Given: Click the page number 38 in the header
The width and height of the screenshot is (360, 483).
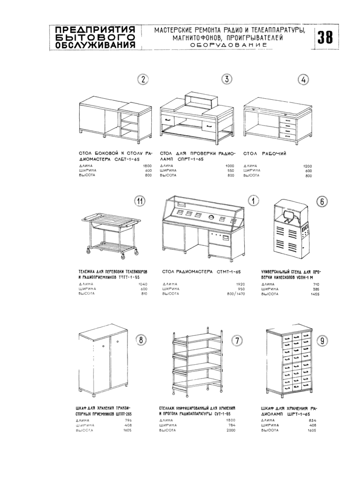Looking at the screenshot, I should coord(326,37).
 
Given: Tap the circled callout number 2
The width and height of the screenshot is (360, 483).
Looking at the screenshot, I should coord(143,79).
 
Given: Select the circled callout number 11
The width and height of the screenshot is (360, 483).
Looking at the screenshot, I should coord(139,201).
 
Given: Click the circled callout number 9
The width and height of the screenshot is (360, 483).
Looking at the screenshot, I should coord(322,339).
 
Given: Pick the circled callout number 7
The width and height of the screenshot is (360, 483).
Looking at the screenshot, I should coord(237,341).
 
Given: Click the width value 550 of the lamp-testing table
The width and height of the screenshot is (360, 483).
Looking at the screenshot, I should coord(230,170).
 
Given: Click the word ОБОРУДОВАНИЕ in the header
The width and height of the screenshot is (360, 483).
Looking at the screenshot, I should coord(228,45).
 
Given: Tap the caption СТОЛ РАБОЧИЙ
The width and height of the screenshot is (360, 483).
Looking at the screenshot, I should coord(264,154).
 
